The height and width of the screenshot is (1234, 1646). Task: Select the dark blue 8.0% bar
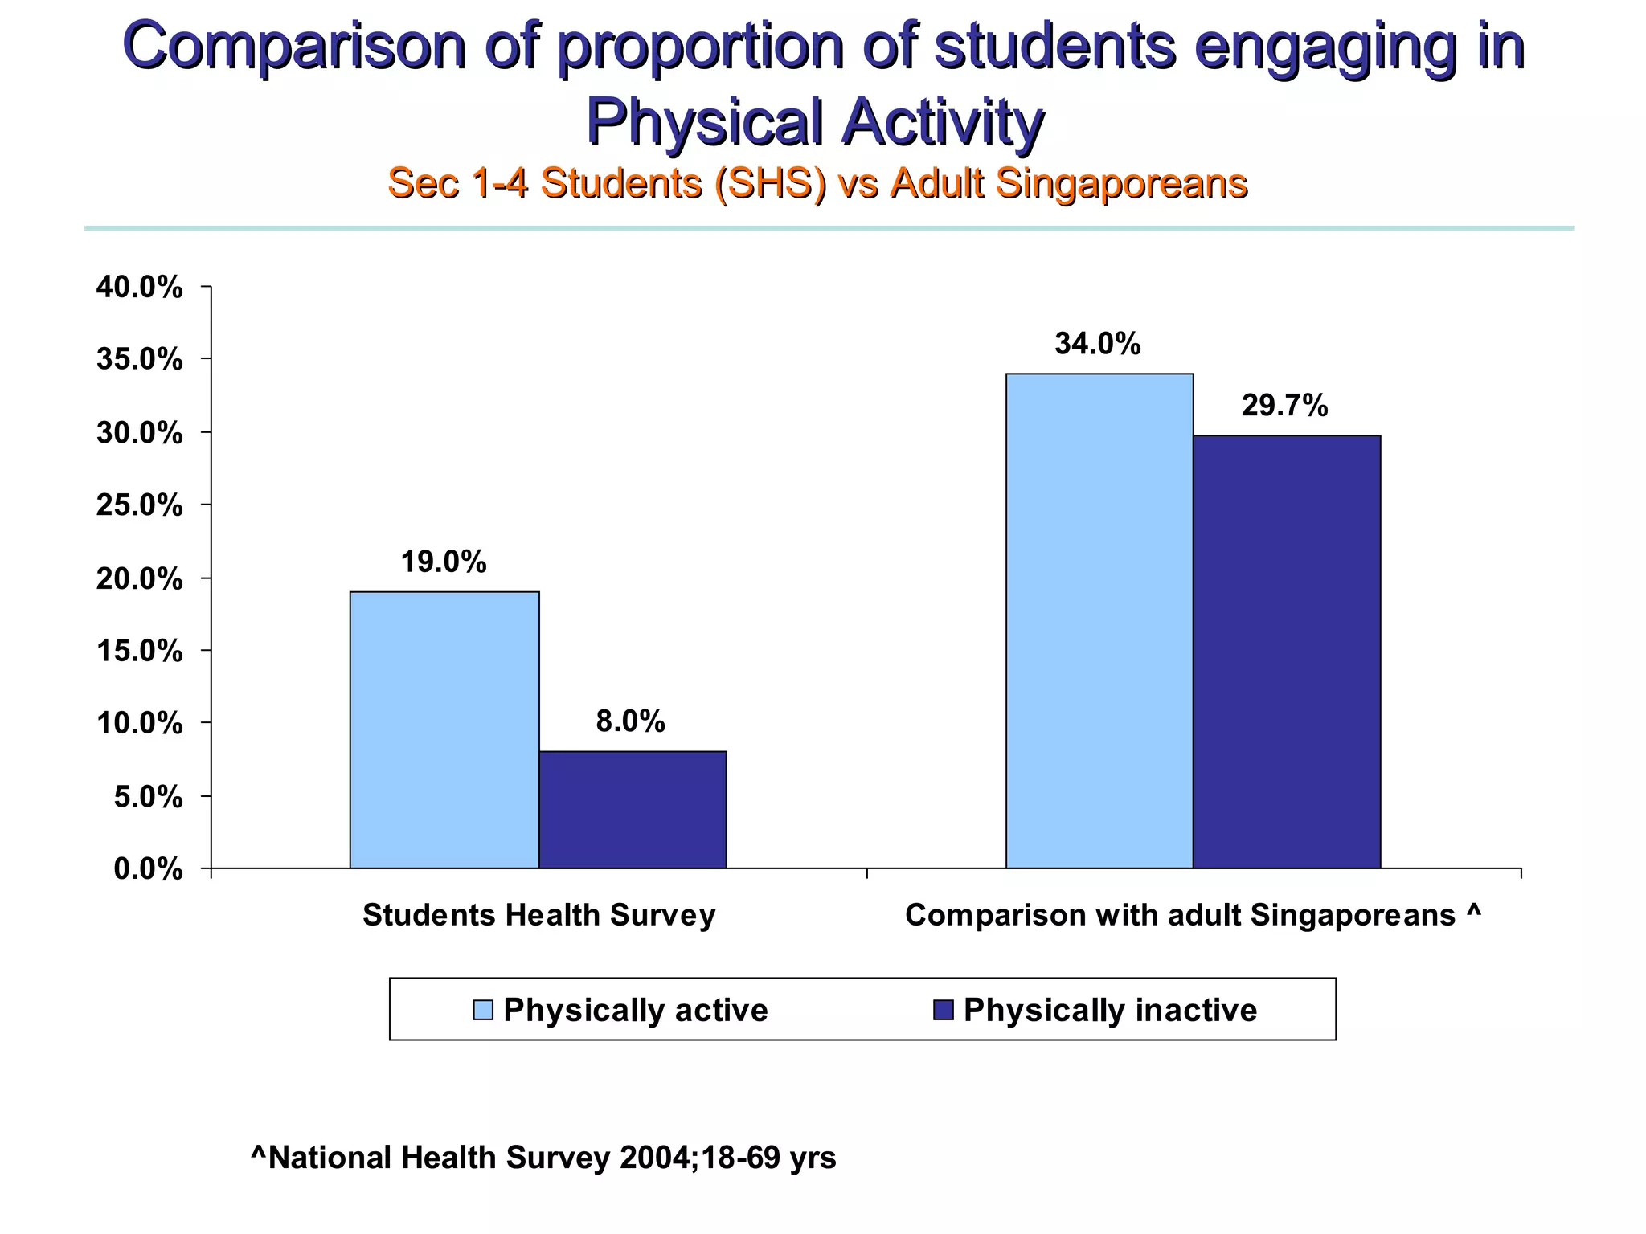point(632,809)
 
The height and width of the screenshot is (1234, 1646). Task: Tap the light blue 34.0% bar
point(1099,620)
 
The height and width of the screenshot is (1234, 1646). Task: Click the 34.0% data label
point(1097,344)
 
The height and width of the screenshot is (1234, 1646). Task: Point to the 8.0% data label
point(630,721)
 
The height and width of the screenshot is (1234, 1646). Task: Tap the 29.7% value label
point(1284,406)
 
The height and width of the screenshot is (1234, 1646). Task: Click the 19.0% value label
point(444,562)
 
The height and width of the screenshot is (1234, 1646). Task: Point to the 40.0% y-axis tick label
point(139,287)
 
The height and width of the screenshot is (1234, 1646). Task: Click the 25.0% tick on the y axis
point(139,505)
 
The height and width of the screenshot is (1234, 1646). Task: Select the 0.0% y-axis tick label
point(148,869)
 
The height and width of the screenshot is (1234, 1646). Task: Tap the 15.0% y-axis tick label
point(139,651)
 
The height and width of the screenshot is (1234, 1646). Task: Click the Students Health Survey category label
point(538,915)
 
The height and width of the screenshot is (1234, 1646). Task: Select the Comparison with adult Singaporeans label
point(1193,915)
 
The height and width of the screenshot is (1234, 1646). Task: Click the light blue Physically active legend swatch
point(483,1010)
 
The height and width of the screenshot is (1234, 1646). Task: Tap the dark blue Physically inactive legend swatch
point(943,1010)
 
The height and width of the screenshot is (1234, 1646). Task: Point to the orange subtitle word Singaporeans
point(1121,183)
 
